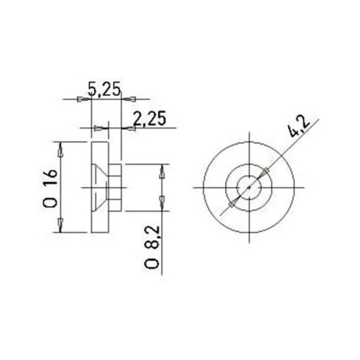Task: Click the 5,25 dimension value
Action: click(x=103, y=90)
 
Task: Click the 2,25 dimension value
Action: click(x=148, y=120)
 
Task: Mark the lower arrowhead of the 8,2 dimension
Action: click(x=164, y=205)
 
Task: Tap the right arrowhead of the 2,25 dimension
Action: click(x=128, y=128)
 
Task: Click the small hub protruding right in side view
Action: click(x=117, y=188)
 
